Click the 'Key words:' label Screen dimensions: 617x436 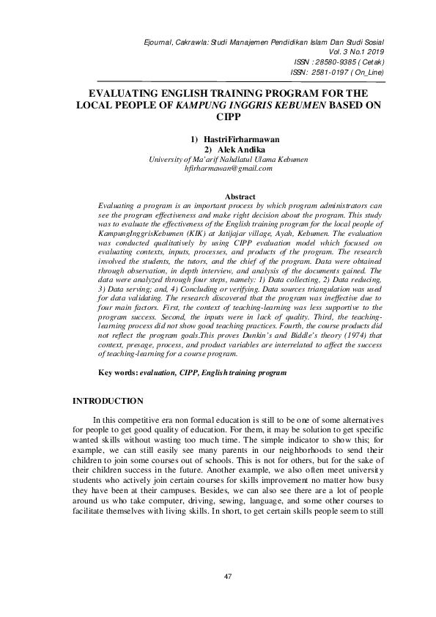118,373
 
